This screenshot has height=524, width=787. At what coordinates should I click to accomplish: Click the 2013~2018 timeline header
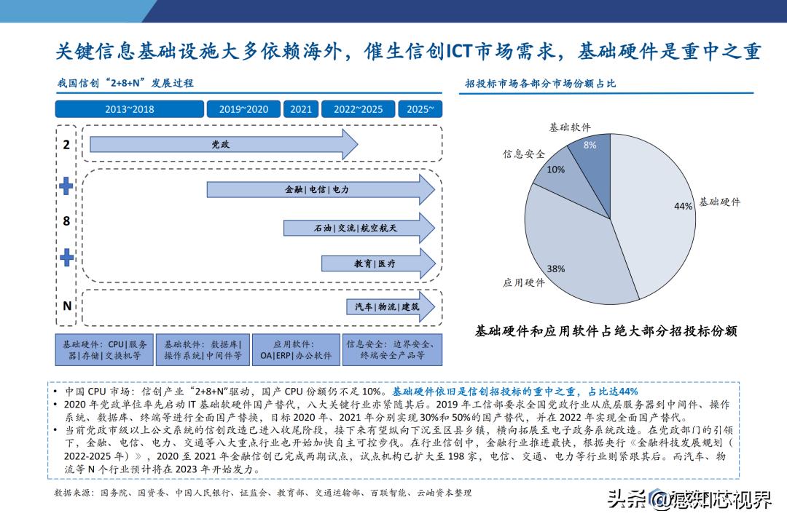coord(129,109)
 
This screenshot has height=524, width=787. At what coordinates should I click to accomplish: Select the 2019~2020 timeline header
coord(243,109)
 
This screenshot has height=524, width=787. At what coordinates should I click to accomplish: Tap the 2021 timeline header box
coord(300,109)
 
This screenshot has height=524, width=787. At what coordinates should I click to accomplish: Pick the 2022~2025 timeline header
coord(358,109)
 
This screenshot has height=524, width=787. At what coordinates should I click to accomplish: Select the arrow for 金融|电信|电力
coord(320,189)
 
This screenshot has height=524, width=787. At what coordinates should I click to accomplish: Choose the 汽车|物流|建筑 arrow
coord(389,306)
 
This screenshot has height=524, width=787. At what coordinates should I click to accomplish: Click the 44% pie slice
coord(656,211)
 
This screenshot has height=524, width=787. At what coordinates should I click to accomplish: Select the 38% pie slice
coord(576,255)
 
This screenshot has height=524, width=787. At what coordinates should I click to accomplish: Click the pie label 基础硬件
coord(719,202)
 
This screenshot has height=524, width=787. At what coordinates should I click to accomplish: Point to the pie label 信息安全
coord(523,154)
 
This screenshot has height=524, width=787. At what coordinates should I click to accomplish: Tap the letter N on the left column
coord(66,306)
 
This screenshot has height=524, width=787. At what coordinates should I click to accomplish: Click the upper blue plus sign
coord(66,186)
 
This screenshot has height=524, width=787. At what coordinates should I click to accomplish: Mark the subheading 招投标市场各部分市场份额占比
coord(540,84)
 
